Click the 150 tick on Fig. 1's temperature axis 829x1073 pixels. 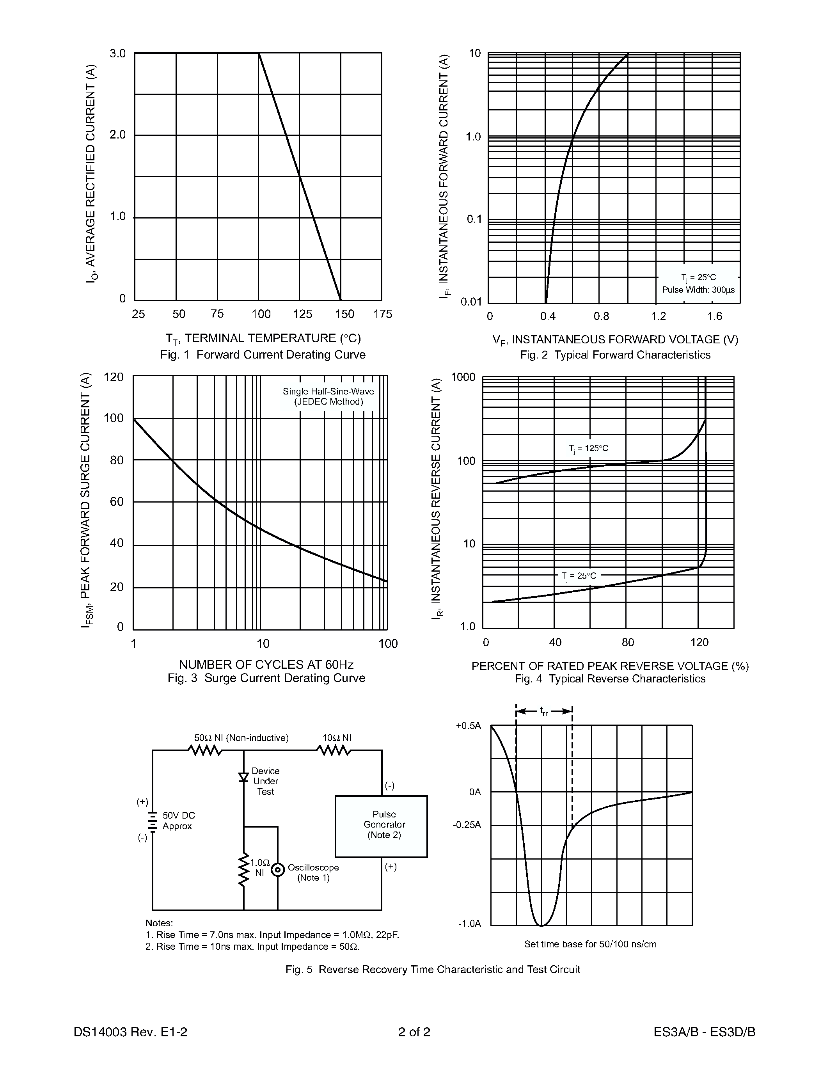click(344, 314)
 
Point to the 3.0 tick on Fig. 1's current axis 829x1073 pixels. click(118, 53)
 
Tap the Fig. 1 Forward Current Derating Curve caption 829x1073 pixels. click(263, 355)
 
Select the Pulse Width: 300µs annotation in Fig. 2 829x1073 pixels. click(698, 290)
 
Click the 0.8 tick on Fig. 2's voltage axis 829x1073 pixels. click(601, 316)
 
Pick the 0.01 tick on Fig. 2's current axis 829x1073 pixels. click(471, 302)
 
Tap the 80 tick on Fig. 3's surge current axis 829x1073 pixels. click(116, 460)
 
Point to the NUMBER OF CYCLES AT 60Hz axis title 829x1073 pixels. click(266, 665)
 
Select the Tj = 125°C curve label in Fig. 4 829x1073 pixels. click(588, 448)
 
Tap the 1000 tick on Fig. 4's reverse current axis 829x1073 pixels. click(463, 377)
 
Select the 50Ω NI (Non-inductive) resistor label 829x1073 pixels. click(241, 738)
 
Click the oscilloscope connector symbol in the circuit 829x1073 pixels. click(277, 870)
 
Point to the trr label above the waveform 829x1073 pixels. click(544, 711)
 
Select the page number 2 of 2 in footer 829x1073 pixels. click(414, 1032)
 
